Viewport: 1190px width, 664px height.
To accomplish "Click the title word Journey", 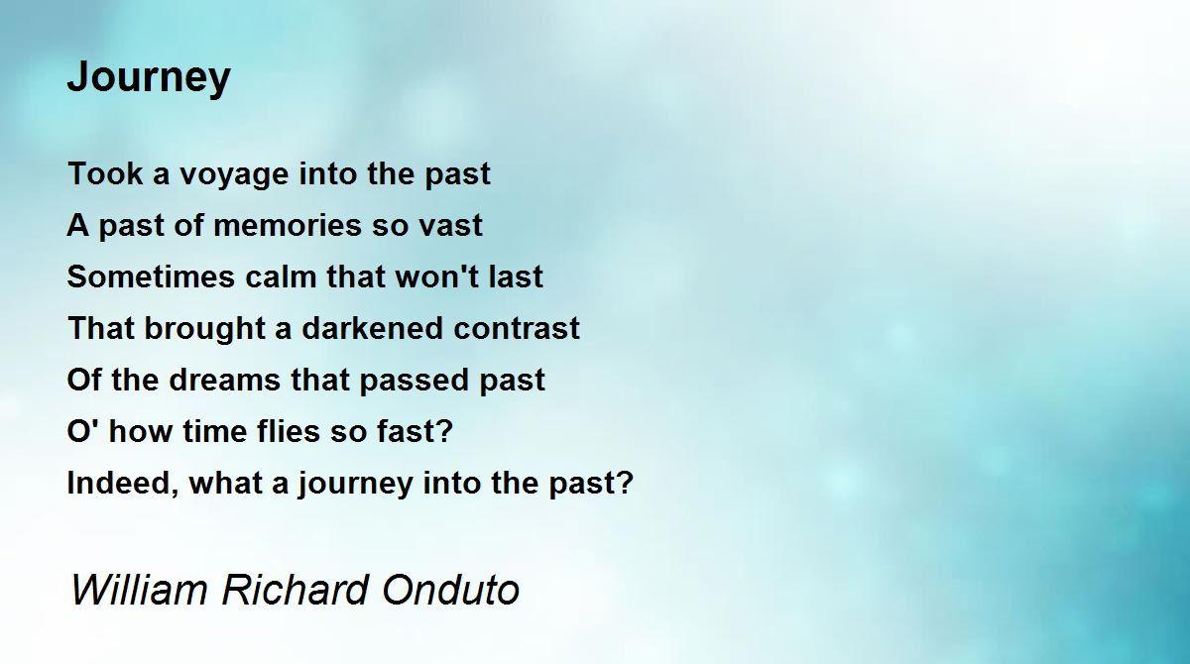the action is tap(149, 77).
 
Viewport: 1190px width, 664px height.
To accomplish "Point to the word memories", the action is tap(288, 225).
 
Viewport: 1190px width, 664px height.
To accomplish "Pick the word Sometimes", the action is tap(151, 277).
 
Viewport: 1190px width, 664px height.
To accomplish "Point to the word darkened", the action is tap(372, 328).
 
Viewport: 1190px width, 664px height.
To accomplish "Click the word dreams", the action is tap(225, 380).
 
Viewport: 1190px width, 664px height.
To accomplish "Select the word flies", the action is tap(289, 431).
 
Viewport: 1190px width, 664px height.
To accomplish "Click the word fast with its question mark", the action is tap(415, 431).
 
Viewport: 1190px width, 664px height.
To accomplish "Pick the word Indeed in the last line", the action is tap(123, 484).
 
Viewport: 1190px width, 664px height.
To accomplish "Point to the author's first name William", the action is tap(139, 590).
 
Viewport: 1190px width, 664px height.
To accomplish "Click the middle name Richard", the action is tap(295, 590).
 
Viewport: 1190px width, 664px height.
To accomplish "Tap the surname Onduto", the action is tap(450, 590).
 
